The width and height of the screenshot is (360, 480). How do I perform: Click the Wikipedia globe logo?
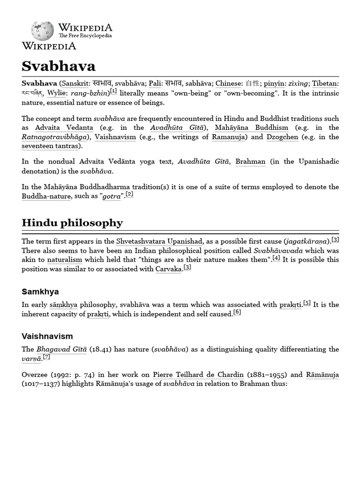(x=42, y=30)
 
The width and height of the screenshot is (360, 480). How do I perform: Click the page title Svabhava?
(x=59, y=66)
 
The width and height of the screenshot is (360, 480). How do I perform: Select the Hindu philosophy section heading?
(x=72, y=223)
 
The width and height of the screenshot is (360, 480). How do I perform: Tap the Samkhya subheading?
(x=40, y=292)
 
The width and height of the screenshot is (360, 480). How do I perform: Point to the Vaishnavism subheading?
(x=47, y=336)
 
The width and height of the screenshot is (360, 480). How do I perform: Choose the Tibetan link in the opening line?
(x=325, y=83)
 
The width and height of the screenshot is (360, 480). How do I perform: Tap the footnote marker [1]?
(x=113, y=91)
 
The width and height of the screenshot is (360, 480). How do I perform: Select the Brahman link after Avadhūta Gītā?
(x=250, y=162)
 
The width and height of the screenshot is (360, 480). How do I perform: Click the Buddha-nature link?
(x=46, y=196)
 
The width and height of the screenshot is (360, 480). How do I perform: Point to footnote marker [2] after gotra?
(x=129, y=195)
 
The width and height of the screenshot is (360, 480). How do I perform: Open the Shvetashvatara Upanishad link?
(x=159, y=241)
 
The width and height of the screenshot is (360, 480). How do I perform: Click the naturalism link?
(x=65, y=260)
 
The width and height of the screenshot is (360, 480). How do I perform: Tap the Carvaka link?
(x=168, y=269)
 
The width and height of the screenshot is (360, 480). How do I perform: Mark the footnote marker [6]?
(x=237, y=312)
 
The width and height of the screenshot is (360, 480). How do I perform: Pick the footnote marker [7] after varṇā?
(x=46, y=357)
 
